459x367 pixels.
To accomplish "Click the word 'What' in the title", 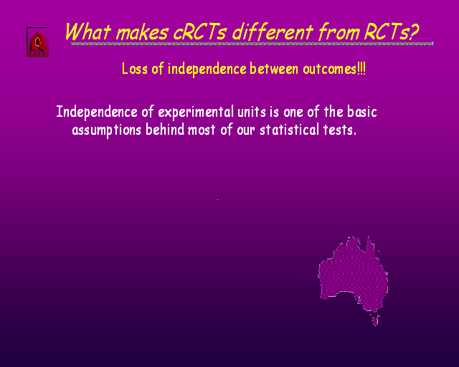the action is click(x=87, y=32).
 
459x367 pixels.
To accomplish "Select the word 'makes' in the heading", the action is click(x=143, y=32).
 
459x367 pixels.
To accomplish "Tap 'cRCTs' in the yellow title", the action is click(x=199, y=32).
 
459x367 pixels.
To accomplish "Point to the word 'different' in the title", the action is click(x=273, y=32).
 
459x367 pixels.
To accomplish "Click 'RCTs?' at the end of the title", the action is click(x=392, y=32).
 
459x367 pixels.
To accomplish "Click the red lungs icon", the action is click(x=37, y=42).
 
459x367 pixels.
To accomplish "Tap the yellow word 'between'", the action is click(x=274, y=69).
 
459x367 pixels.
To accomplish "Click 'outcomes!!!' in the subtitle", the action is click(x=334, y=69).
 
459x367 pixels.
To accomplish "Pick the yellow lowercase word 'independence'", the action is click(x=207, y=70).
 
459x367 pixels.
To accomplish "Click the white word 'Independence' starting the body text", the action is click(x=97, y=112).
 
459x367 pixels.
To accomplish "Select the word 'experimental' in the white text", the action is click(x=196, y=112).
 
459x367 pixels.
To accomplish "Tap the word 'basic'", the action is click(x=361, y=112).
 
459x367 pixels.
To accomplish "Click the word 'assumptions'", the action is click(x=107, y=130).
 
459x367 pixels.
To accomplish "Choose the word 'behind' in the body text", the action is click(x=165, y=129).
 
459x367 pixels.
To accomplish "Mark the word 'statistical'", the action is click(x=289, y=130).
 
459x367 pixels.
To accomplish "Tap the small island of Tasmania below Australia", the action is click(x=375, y=320).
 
